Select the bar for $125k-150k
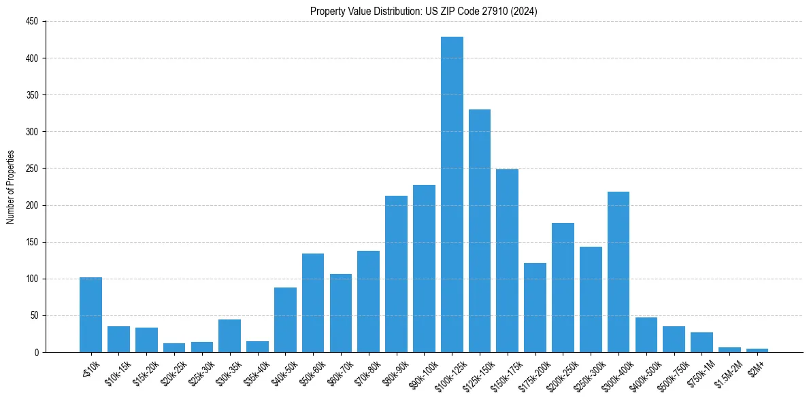coord(480,230)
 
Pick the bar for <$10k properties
coord(90,315)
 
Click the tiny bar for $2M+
coord(757,350)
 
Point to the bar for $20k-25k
coord(174,348)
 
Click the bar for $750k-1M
coord(701,343)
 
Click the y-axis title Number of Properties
coord(10,187)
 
